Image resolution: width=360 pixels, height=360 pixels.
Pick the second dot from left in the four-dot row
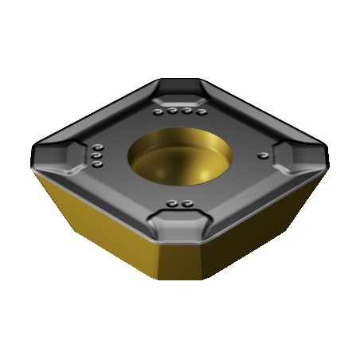tap(173, 112)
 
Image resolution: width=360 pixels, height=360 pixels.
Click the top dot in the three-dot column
tap(97, 147)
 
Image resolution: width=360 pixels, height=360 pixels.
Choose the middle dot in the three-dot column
tap(96, 157)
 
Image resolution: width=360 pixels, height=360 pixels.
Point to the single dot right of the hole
tap(261, 155)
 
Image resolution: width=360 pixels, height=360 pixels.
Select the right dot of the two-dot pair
tap(187, 204)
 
